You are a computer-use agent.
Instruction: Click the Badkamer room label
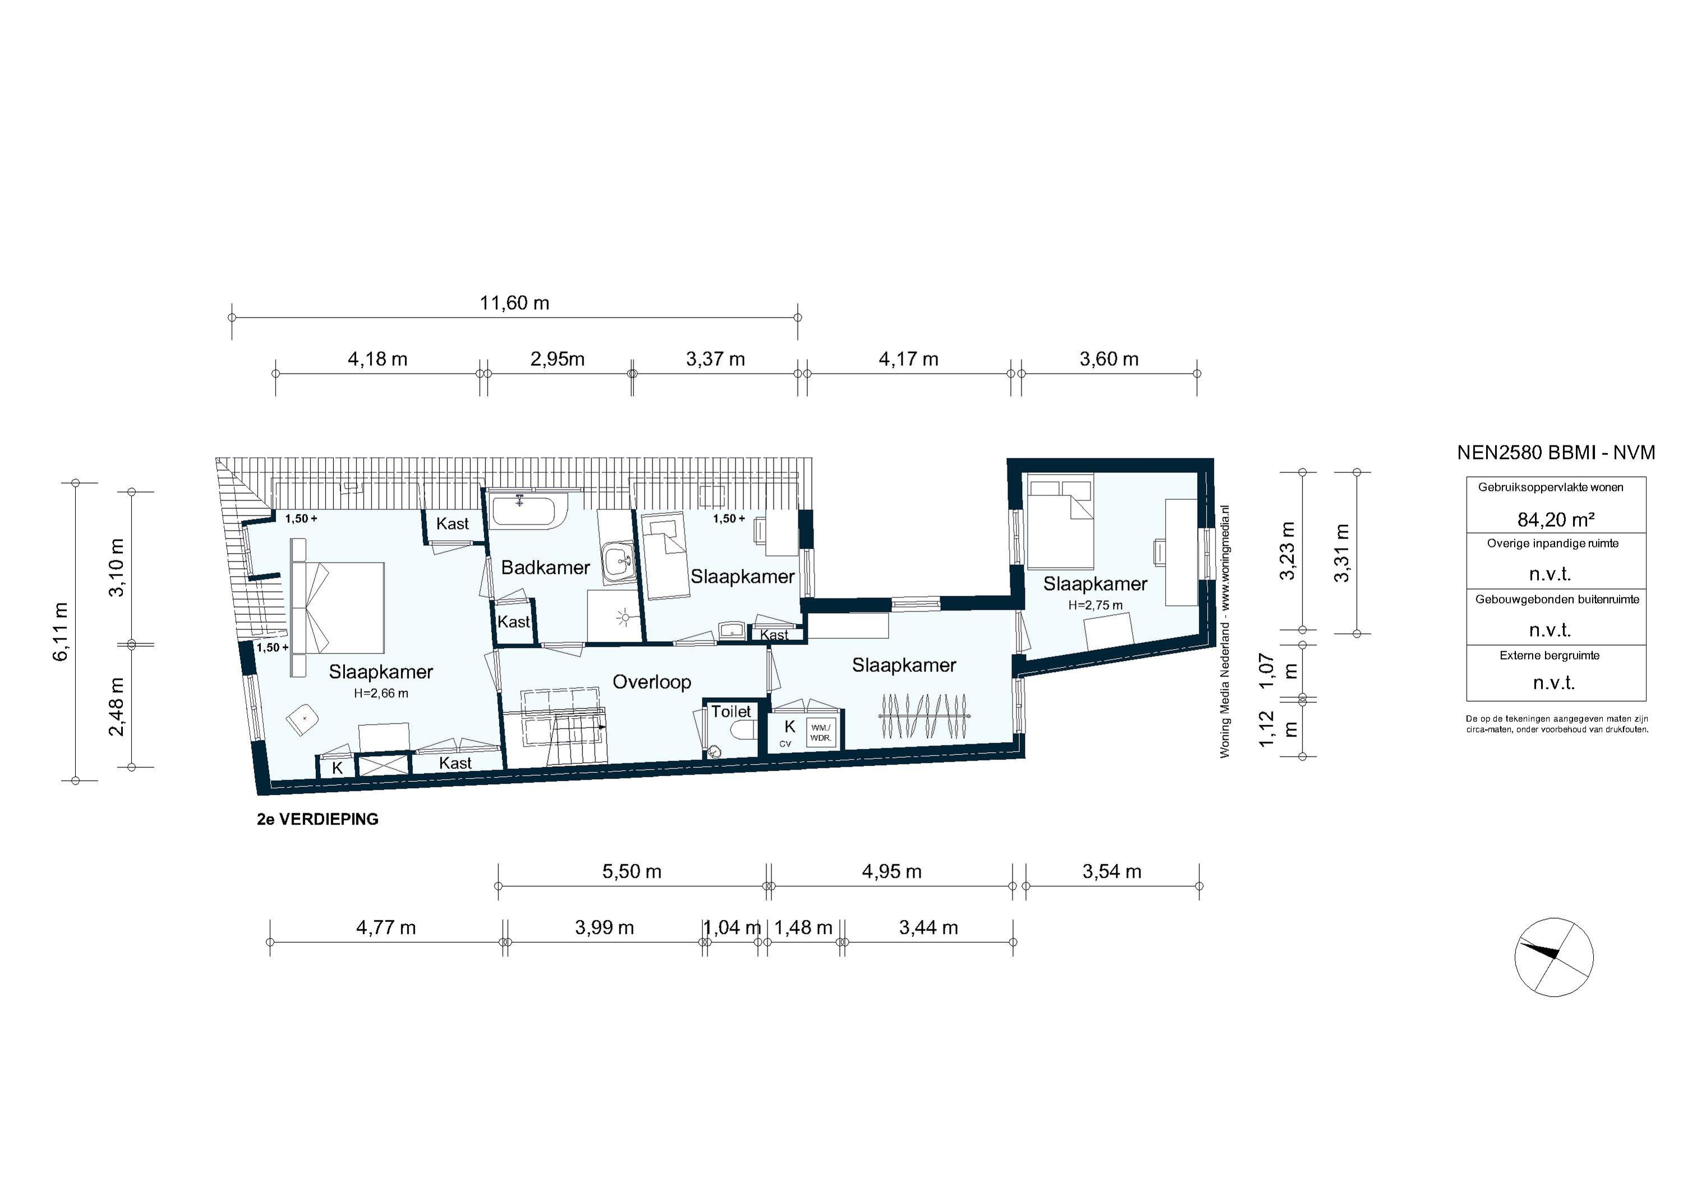(545, 567)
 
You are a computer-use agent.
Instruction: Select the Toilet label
(731, 711)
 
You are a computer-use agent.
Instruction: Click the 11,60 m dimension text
(514, 303)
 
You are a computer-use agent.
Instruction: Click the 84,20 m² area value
(1556, 519)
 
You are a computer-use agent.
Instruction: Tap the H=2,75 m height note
(1095, 605)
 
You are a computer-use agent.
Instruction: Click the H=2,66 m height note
(380, 693)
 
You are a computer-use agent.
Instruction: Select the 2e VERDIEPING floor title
(318, 820)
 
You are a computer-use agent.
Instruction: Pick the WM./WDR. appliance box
(820, 732)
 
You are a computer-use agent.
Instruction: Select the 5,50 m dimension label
(632, 872)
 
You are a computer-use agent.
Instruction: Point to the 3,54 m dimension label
(1111, 872)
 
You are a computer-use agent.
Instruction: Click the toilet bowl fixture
(743, 731)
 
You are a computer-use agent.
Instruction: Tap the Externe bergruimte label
(1549, 655)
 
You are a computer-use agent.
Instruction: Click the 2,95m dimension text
(557, 359)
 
